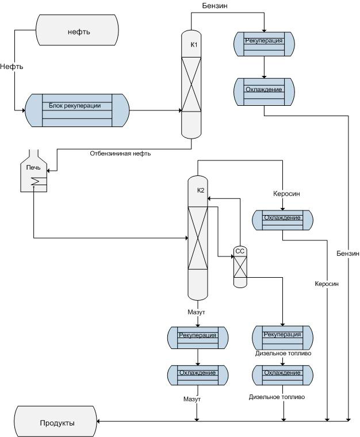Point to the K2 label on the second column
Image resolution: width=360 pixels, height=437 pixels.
[201, 190]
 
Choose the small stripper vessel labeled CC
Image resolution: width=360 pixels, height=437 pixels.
[240, 251]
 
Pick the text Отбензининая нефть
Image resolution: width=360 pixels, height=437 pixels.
[120, 154]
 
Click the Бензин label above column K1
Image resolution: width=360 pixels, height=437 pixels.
[214, 6]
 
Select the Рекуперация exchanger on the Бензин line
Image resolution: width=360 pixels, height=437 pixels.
[264, 44]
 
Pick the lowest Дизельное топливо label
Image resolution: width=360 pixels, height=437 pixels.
[277, 397]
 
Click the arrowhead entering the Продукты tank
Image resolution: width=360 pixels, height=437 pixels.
[101, 422]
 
